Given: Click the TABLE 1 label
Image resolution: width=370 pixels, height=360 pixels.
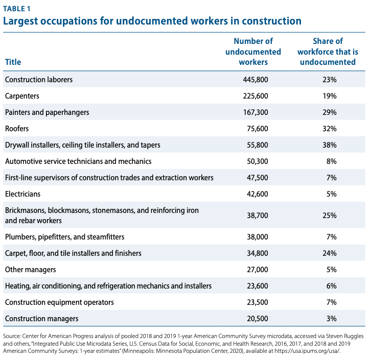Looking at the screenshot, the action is click(17, 9).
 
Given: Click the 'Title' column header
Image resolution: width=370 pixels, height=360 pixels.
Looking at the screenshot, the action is click(13, 62).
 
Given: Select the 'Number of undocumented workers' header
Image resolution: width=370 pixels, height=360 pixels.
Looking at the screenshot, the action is click(253, 52).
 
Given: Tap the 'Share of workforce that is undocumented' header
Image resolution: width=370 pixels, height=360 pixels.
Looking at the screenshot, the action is click(328, 52).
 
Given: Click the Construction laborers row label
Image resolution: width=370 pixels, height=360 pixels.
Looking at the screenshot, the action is click(39, 80).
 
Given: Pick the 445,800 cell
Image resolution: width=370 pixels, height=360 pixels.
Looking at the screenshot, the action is click(256, 80).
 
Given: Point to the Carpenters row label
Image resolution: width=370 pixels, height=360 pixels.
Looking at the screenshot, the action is click(22, 96).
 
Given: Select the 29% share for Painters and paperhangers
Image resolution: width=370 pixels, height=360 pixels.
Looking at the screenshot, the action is click(330, 112).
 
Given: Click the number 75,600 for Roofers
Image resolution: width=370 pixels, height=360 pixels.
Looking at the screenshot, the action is click(258, 129).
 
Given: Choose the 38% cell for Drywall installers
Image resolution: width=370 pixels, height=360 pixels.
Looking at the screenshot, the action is click(330, 145).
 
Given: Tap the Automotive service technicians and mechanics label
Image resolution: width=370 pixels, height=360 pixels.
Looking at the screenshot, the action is click(78, 161).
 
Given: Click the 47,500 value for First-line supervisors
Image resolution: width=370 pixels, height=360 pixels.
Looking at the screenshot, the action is click(258, 178).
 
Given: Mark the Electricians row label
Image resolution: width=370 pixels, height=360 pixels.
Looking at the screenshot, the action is click(22, 194).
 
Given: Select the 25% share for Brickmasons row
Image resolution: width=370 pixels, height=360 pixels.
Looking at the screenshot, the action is click(330, 215).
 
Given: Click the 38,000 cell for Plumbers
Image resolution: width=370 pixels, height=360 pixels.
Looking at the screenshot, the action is click(258, 237).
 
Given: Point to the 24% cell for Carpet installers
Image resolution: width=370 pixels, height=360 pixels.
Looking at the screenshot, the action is click(330, 253).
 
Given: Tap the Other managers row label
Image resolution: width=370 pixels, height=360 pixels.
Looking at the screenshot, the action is click(31, 270).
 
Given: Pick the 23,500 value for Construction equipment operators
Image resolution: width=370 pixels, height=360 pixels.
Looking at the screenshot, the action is click(258, 302).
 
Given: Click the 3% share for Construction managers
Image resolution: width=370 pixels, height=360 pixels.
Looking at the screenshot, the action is click(332, 319).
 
